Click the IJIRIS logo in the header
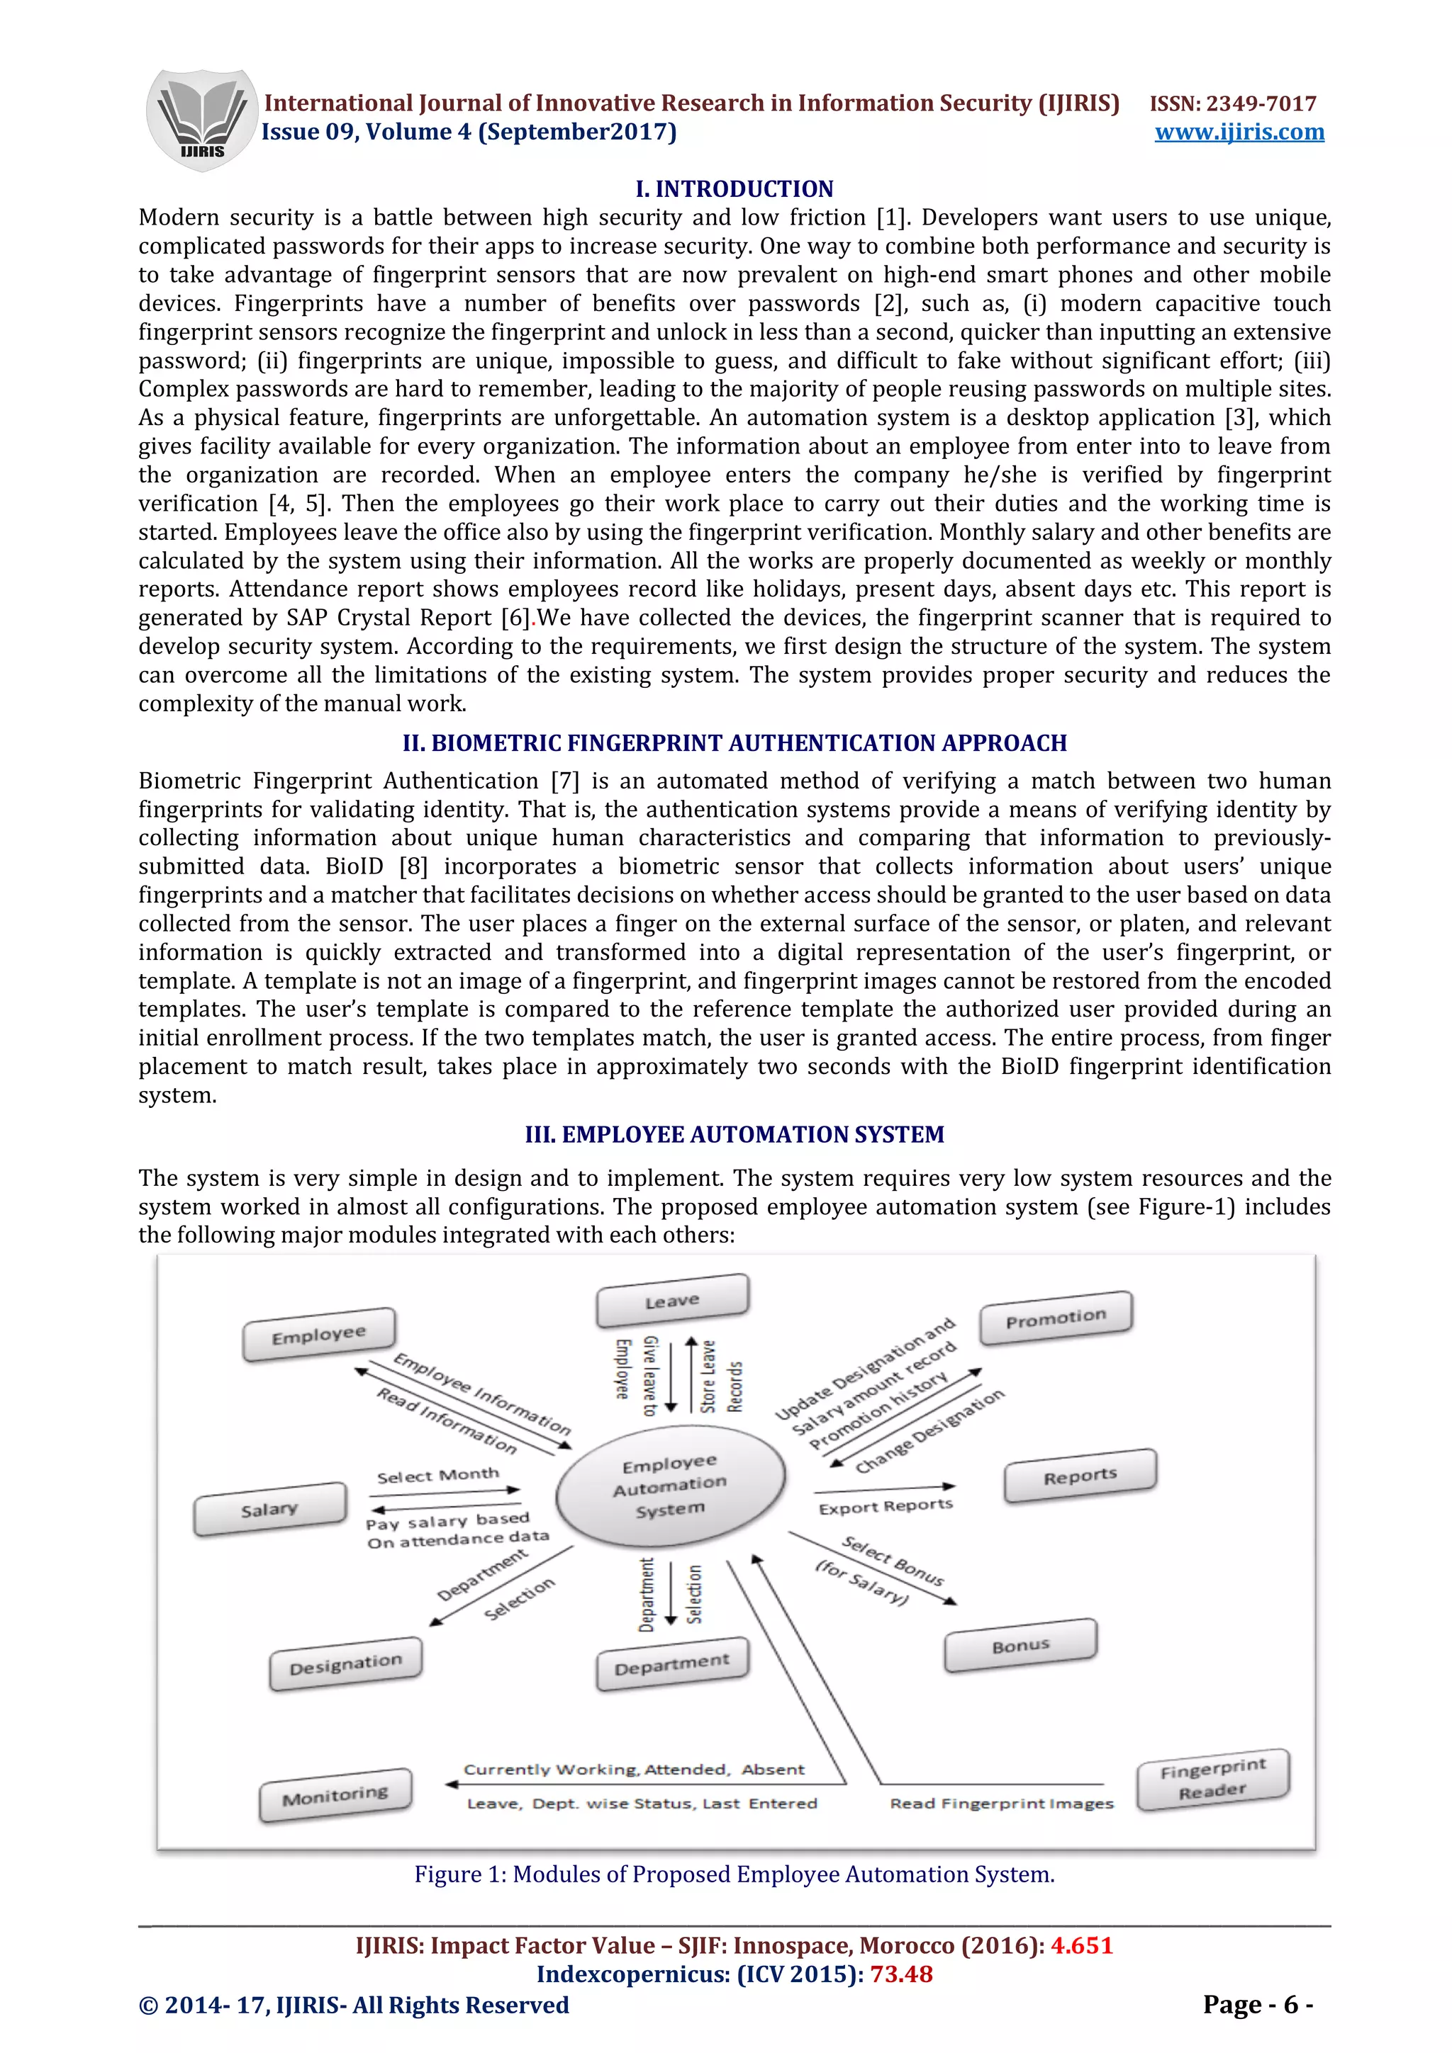[201, 120]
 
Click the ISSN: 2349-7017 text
[1232, 103]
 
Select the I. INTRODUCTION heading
[734, 188]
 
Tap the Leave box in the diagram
[672, 1300]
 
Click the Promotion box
[1056, 1317]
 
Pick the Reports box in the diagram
[1080, 1476]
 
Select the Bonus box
[1020, 1644]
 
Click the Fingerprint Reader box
[1212, 1779]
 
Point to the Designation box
[345, 1664]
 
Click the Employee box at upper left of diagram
[318, 1335]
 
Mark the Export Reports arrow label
[885, 1507]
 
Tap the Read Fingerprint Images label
[1001, 1804]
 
